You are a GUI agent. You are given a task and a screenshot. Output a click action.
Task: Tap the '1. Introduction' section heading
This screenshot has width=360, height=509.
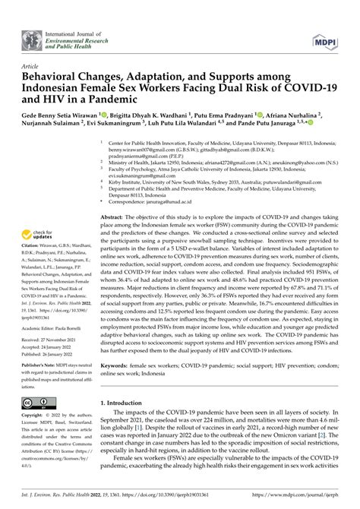coord(125,401)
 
